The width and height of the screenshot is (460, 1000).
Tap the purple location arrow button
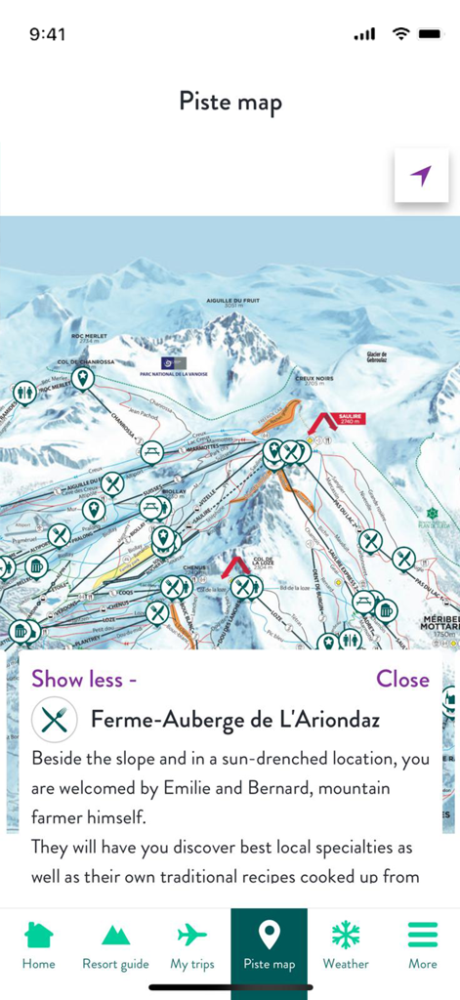(421, 176)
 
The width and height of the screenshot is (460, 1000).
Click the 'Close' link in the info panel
(402, 679)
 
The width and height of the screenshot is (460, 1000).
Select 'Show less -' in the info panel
(84, 679)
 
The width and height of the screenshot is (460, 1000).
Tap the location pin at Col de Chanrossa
(83, 378)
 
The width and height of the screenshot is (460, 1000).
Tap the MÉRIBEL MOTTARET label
(439, 628)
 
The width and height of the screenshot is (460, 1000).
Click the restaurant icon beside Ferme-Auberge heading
(55, 720)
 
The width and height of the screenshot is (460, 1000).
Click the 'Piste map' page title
(230, 101)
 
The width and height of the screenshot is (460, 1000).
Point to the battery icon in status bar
(429, 34)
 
